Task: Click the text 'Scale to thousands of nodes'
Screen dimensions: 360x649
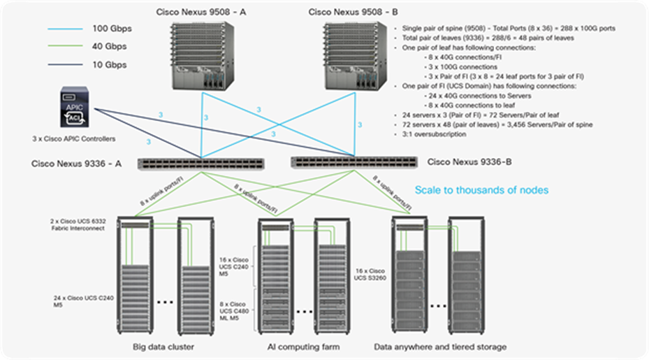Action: tap(481, 189)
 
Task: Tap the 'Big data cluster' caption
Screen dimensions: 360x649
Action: tap(163, 347)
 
